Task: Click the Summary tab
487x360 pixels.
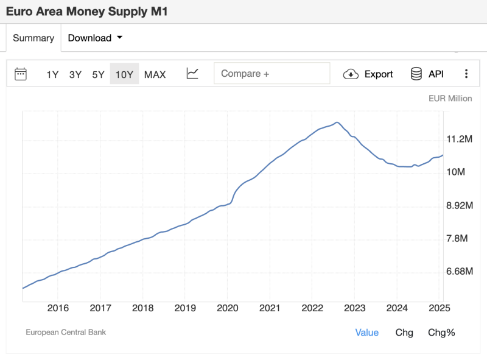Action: pyautogui.click(x=33, y=38)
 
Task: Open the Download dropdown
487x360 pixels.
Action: pyautogui.click(x=95, y=38)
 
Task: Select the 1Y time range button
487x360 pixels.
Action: pyautogui.click(x=52, y=74)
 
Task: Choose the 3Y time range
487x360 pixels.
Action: pyautogui.click(x=75, y=74)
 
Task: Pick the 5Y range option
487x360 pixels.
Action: pyautogui.click(x=98, y=74)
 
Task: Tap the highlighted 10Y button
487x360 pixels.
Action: pyautogui.click(x=124, y=74)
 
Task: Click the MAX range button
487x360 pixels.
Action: pyautogui.click(x=155, y=74)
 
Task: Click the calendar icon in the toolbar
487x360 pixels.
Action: pyautogui.click(x=21, y=74)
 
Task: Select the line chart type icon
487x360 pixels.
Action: pyautogui.click(x=192, y=74)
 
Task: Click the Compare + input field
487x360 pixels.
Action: pyautogui.click(x=272, y=74)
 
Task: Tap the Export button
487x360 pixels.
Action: pyautogui.click(x=368, y=74)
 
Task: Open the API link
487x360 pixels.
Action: pyautogui.click(x=427, y=74)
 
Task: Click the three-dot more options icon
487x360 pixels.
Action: pyautogui.click(x=466, y=74)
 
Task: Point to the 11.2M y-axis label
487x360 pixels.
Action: pyautogui.click(x=460, y=139)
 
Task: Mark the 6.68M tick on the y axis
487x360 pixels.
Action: pyautogui.click(x=460, y=271)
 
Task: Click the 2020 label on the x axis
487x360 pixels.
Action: pyautogui.click(x=227, y=308)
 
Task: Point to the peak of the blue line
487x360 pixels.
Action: pyautogui.click(x=337, y=122)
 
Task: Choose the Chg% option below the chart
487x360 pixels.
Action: pyautogui.click(x=441, y=333)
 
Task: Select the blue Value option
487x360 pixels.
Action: pyautogui.click(x=367, y=333)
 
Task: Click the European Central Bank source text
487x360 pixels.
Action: pyautogui.click(x=66, y=333)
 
